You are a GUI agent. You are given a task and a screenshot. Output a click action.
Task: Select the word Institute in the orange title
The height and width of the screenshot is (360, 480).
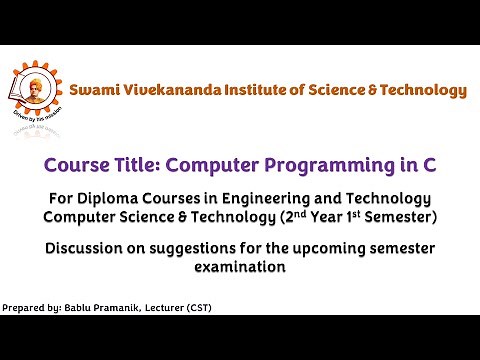(266, 90)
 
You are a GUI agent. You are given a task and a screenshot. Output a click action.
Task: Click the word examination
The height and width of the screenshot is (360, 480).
(240, 267)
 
